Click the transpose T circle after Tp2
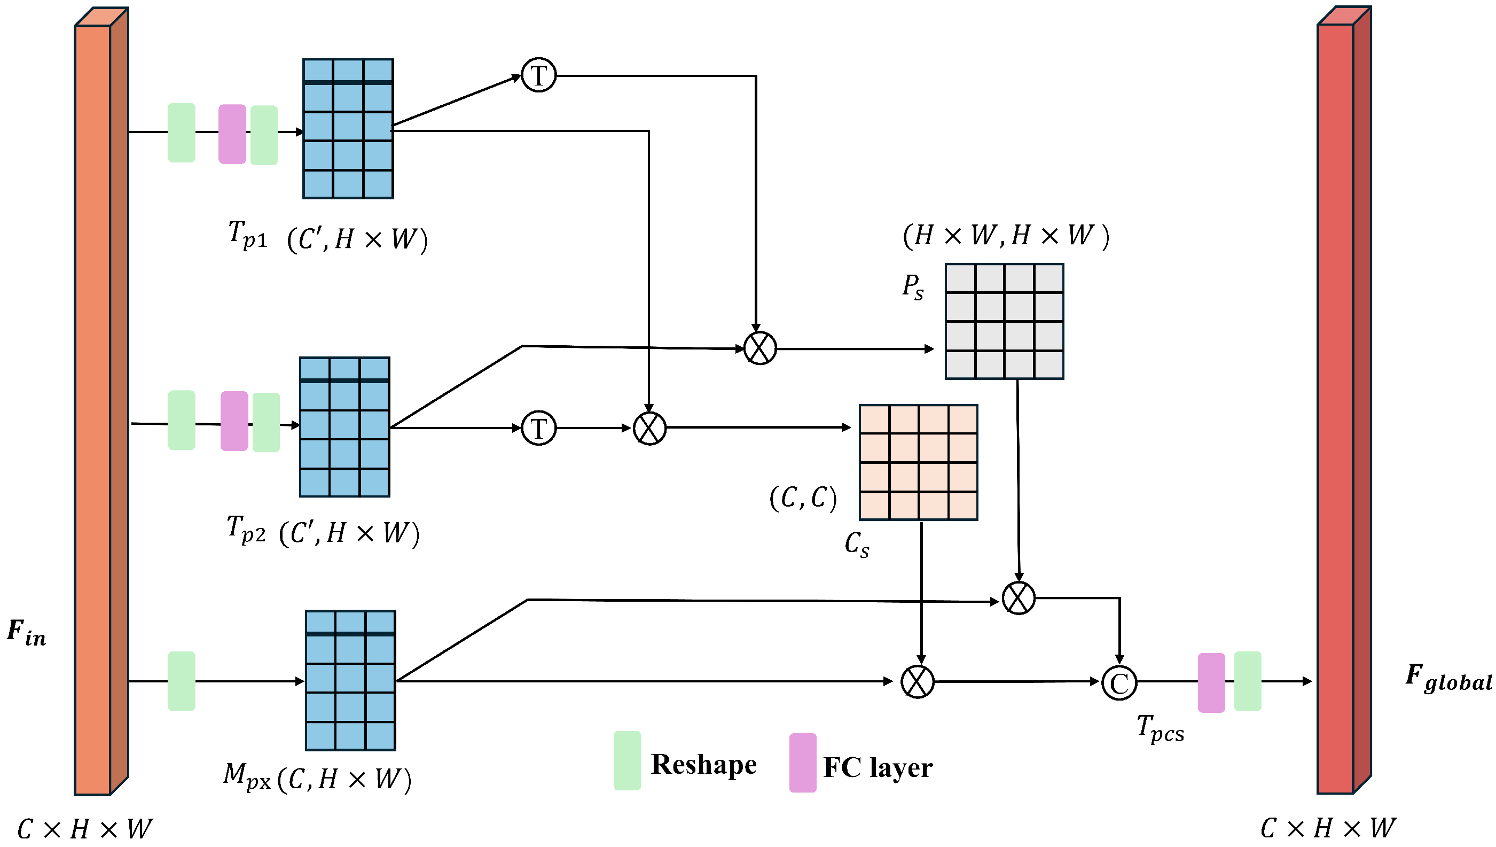tap(538, 428)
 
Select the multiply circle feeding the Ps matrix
tap(760, 348)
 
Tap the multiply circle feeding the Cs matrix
tap(649, 429)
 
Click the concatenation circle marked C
tap(1118, 683)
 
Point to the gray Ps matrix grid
tap(1004, 322)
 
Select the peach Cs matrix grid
tap(918, 462)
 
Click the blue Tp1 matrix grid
tap(348, 129)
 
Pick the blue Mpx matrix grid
tap(350, 681)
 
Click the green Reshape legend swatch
tap(627, 761)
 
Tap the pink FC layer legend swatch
tap(802, 763)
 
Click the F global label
tap(1448, 678)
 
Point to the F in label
tap(26, 633)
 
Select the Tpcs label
tap(1160, 729)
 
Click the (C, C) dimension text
tap(803, 499)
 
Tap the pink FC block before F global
tap(1211, 682)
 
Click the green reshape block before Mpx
tap(182, 681)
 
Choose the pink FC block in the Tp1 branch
tap(232, 134)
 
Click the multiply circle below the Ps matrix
tap(1018, 598)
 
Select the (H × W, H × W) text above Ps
tap(1006, 236)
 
